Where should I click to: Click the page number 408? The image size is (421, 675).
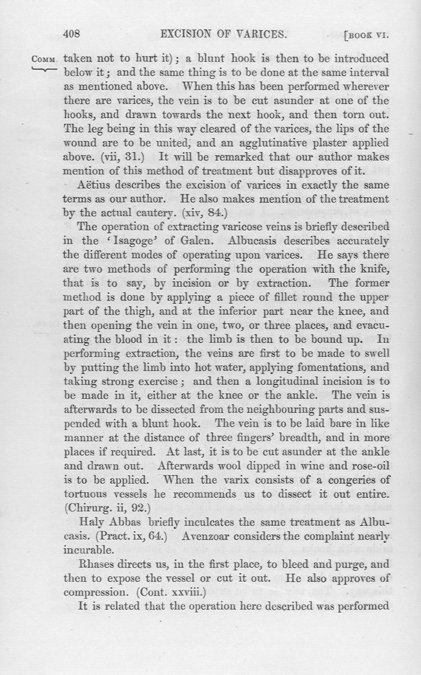[71, 35]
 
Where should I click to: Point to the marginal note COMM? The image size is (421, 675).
[45, 59]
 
